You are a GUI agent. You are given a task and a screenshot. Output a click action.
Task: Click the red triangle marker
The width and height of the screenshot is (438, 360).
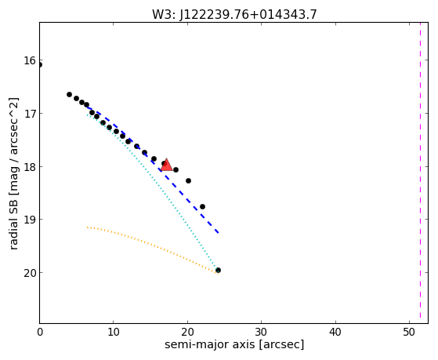click(x=166, y=165)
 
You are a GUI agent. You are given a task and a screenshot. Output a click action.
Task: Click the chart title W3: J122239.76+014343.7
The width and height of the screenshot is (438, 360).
click(x=234, y=14)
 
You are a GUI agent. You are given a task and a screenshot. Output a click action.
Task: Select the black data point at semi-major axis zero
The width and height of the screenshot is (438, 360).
click(x=40, y=65)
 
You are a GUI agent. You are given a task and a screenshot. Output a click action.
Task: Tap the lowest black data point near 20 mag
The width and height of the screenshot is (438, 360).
click(x=218, y=271)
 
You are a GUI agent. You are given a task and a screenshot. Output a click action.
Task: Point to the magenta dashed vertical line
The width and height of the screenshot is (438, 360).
click(x=420, y=173)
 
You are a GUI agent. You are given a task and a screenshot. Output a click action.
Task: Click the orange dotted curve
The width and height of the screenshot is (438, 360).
click(x=152, y=245)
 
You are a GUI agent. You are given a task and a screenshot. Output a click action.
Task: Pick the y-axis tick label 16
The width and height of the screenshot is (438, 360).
click(x=29, y=60)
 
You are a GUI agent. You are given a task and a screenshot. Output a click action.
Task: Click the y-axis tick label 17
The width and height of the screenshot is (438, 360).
click(x=29, y=114)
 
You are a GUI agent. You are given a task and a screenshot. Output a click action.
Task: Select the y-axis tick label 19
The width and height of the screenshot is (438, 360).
click(x=29, y=220)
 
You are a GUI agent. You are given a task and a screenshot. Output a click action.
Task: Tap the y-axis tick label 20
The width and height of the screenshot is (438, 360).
click(x=29, y=273)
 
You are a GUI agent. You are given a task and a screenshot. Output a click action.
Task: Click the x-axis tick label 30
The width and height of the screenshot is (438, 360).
click(x=261, y=332)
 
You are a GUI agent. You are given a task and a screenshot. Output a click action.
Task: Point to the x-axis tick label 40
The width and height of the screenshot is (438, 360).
click(x=335, y=332)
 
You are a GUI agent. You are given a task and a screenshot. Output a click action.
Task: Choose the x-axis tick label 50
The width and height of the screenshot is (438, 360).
click(x=409, y=332)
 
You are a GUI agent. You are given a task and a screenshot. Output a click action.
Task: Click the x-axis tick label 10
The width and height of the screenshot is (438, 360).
click(x=113, y=332)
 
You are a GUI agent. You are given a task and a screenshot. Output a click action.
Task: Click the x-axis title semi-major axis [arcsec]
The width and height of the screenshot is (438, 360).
click(x=234, y=344)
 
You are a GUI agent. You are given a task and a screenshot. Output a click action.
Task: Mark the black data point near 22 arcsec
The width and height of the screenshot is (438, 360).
click(x=202, y=207)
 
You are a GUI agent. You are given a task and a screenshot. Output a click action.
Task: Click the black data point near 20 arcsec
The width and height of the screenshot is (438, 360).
click(x=188, y=180)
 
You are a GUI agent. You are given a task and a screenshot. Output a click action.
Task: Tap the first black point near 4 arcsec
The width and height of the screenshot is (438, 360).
click(x=69, y=95)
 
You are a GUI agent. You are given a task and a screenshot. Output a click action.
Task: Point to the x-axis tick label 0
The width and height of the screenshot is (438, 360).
click(x=40, y=332)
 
